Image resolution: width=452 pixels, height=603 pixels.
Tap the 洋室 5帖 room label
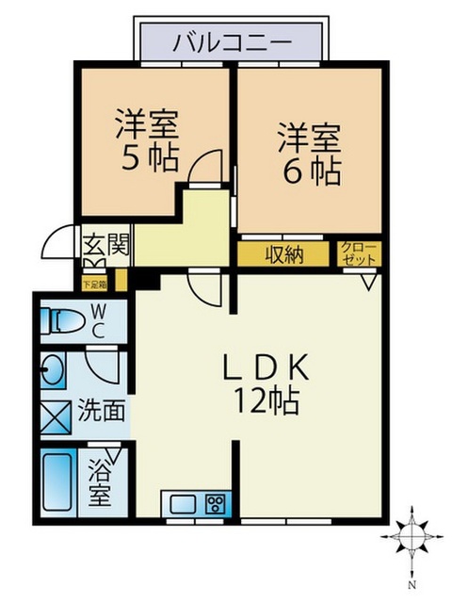pos(147,139)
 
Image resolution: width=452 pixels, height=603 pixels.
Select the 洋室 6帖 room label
pos(310,153)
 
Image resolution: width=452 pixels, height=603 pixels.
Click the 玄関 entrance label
pos(106,244)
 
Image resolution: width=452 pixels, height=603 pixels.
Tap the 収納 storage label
pos(284,253)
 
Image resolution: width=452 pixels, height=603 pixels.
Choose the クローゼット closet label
pos(360,253)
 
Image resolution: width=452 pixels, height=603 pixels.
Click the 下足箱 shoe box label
pos(95,285)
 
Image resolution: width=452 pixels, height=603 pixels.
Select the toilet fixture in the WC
pos(66,320)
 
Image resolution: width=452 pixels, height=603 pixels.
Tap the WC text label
pos(98,320)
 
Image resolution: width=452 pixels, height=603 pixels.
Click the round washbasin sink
pos(54,370)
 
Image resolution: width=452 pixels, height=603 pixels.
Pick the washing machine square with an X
pos(56,416)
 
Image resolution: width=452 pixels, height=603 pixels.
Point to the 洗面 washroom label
pos(102,411)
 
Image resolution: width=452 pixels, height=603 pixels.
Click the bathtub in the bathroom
pos(57,481)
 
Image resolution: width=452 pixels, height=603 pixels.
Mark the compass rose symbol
pos(412,537)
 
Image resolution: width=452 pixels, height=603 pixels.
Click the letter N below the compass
pos(412,586)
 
